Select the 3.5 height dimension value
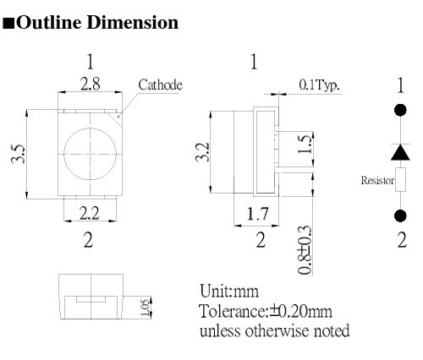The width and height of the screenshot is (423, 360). [19, 155]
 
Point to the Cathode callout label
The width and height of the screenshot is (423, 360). [160, 85]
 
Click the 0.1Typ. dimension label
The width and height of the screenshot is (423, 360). [319, 85]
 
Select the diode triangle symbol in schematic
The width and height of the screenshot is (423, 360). [400, 151]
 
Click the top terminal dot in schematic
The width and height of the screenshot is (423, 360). [400, 110]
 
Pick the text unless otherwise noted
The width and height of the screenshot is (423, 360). [274, 330]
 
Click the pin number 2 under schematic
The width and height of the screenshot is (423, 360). [401, 240]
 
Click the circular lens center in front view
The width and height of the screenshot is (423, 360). [89, 152]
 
